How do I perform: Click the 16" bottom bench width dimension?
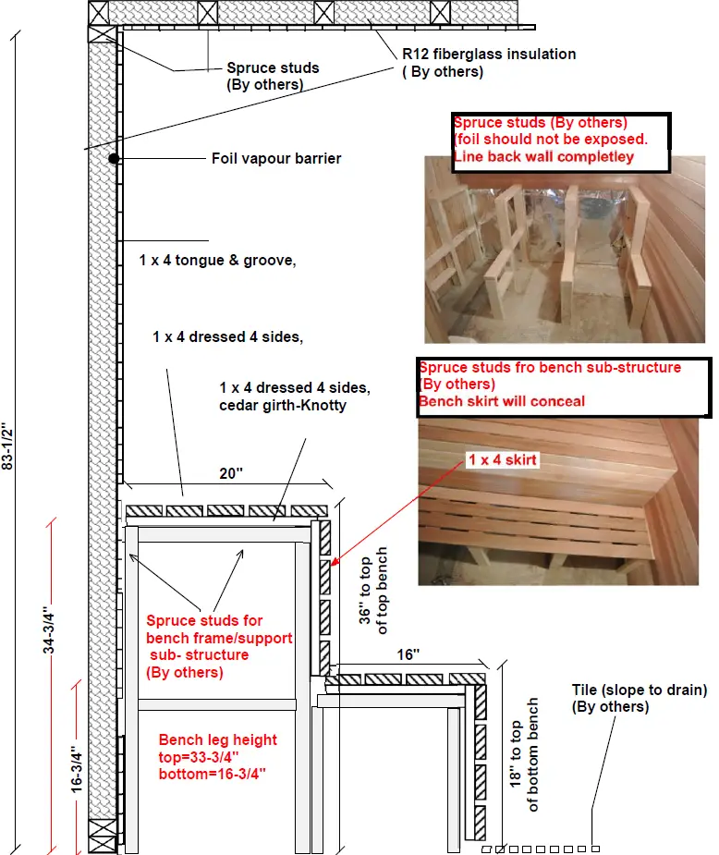(408, 654)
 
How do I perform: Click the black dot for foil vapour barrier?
(112, 159)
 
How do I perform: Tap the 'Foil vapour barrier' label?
(276, 159)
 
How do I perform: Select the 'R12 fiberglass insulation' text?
(489, 54)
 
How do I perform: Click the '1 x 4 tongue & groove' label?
(218, 262)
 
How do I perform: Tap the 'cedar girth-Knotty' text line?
(283, 405)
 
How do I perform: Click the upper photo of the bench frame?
(567, 250)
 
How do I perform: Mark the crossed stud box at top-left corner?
(102, 33)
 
